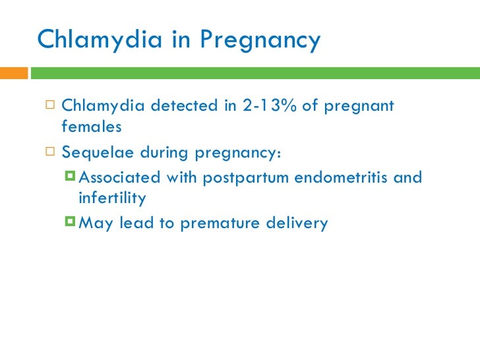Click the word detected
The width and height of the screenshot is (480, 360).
coord(184,106)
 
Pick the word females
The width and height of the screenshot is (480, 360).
coord(92,127)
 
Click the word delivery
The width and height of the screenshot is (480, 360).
coord(298,224)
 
